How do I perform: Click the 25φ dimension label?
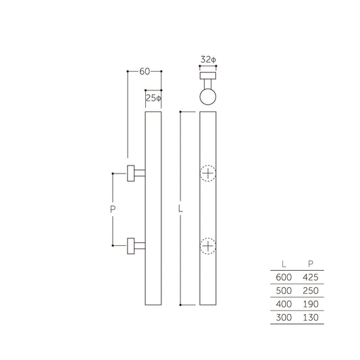[x=154, y=98]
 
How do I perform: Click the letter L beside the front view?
[x=180, y=209]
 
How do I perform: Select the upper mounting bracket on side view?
[x=135, y=173]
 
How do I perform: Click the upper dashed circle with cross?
[x=209, y=174]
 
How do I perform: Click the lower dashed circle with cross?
[x=209, y=246]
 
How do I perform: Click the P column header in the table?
[x=311, y=263]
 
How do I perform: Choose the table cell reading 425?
[x=310, y=277]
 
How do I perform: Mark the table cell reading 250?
[x=310, y=290]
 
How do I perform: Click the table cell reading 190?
[x=310, y=304]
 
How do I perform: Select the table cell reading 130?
[x=310, y=317]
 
